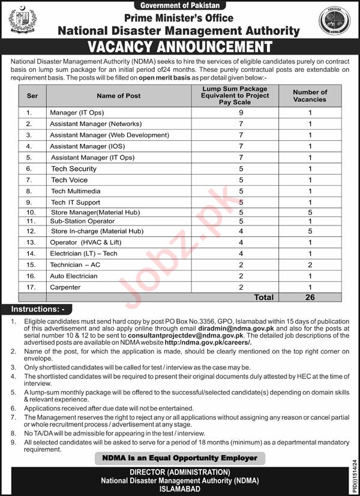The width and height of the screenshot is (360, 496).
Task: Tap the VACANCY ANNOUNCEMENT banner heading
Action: tap(180, 47)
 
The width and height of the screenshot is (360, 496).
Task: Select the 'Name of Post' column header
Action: tap(118, 96)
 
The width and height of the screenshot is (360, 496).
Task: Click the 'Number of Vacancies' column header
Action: tap(310, 96)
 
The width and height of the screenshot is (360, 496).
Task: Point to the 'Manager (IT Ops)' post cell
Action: tap(72, 113)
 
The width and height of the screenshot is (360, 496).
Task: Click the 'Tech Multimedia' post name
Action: tap(75, 191)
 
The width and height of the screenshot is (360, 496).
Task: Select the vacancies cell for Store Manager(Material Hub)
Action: tap(310, 212)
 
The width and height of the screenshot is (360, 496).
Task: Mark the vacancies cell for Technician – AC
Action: tap(310, 264)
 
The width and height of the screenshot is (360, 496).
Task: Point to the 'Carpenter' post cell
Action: tap(65, 287)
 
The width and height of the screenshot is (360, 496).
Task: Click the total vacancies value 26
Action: tap(310, 297)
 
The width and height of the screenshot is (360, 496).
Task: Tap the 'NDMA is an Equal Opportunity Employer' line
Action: tap(180, 458)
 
